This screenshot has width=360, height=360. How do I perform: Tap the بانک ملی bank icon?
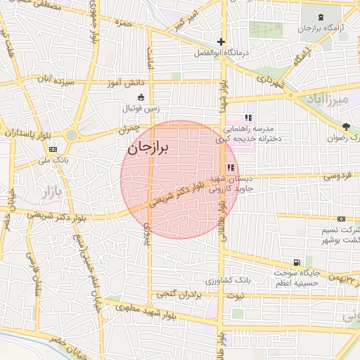coord(53,150)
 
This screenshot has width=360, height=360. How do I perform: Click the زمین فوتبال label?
coord(141,108)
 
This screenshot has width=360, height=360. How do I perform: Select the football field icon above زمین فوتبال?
coord(141,97)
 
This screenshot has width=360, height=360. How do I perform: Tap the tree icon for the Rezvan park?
coord(345,127)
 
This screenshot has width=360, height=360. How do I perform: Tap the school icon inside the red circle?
coord(230,168)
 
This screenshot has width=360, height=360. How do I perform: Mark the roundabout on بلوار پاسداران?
coord(72,134)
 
